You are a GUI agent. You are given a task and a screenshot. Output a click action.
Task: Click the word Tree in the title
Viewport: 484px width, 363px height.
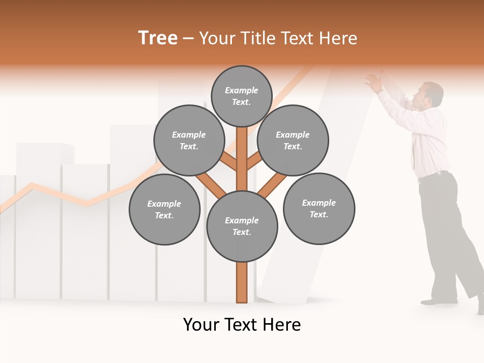click(158, 38)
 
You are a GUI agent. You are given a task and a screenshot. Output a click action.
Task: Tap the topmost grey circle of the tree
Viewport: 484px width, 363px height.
click(242, 96)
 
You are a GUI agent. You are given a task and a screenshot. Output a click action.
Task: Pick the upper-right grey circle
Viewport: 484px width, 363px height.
click(293, 140)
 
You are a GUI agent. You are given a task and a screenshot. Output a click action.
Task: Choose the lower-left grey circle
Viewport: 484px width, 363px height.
click(164, 209)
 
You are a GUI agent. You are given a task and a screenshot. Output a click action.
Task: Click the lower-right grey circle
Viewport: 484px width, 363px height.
click(319, 208)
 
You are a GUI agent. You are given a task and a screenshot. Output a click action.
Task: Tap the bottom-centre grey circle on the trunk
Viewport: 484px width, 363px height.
click(242, 226)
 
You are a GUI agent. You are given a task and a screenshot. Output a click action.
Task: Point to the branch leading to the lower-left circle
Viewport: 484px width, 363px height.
click(212, 186)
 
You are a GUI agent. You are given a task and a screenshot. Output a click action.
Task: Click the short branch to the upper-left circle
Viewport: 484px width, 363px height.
click(228, 161)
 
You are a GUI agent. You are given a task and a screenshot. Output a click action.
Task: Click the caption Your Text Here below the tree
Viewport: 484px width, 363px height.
click(242, 325)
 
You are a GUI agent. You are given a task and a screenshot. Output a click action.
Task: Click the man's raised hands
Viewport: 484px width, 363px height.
click(374, 81)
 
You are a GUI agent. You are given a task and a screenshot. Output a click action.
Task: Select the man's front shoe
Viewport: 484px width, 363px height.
click(434, 301)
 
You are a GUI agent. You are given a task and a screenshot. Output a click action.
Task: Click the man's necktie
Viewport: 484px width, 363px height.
click(414, 151)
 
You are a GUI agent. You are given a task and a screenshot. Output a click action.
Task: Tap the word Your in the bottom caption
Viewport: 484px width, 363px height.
click(201, 325)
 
